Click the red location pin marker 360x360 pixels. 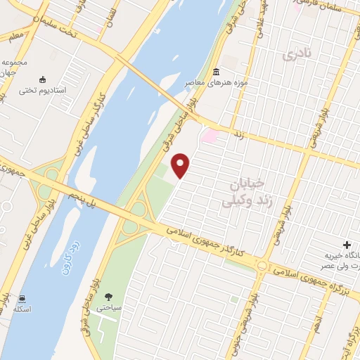181,166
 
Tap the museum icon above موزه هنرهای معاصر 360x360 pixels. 215,72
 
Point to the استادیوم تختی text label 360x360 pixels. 41,90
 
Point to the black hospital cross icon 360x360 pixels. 347,243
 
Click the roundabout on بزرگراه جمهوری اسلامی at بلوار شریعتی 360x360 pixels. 262,266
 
